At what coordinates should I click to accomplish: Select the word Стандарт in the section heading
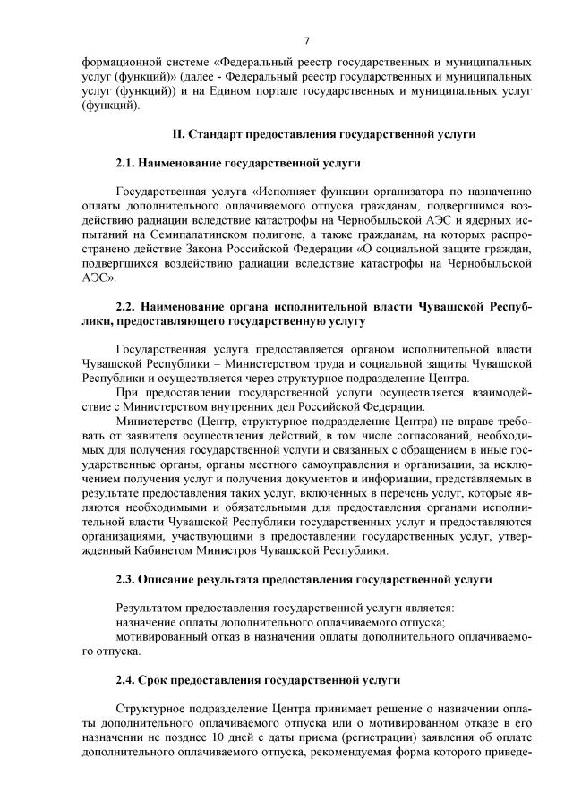[216, 134]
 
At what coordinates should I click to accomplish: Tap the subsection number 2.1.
[126, 165]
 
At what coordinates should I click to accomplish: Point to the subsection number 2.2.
[126, 306]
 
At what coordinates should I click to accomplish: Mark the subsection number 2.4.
[126, 681]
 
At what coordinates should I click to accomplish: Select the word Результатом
[155, 609]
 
